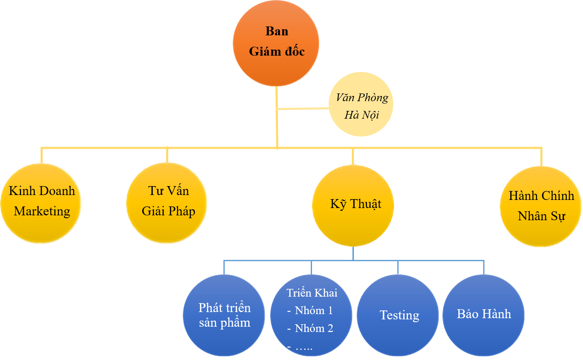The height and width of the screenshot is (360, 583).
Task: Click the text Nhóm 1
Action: (314, 310)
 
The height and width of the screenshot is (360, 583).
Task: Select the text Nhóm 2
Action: (314, 328)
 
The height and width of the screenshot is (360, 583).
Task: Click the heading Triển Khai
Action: (312, 293)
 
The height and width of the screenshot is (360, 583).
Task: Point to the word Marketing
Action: (42, 211)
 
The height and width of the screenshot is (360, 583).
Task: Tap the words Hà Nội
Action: (362, 115)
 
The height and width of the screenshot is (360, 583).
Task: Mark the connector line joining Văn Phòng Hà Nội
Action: (303, 108)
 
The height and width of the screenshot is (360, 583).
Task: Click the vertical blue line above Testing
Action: (398, 267)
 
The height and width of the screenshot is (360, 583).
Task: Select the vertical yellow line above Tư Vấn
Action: (167, 155)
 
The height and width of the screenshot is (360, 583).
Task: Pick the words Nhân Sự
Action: (541, 216)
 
